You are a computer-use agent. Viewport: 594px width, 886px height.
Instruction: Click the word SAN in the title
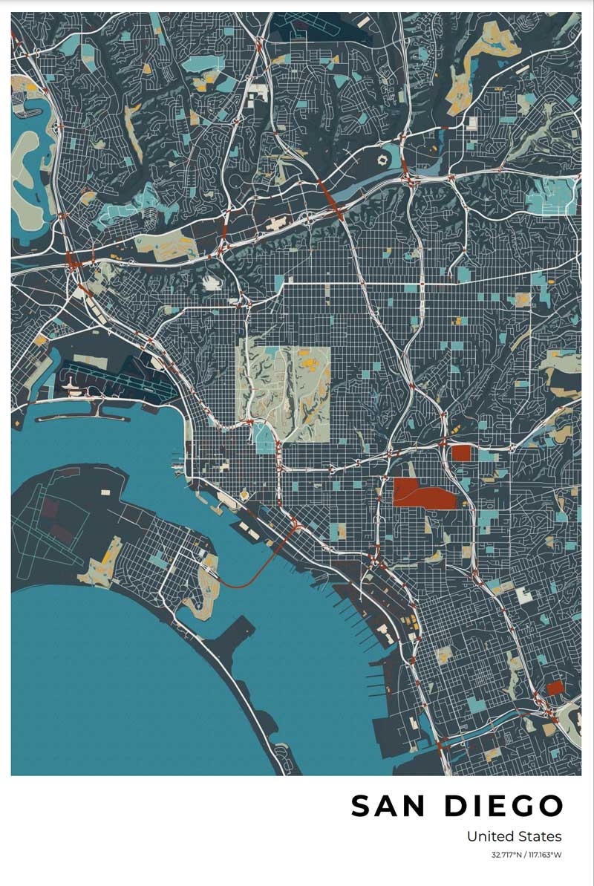(x=389, y=807)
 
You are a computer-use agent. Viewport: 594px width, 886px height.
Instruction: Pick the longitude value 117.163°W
(x=545, y=855)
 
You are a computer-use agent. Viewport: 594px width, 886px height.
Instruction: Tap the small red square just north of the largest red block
(x=462, y=453)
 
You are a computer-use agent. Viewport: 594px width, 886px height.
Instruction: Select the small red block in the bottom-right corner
(x=555, y=688)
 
